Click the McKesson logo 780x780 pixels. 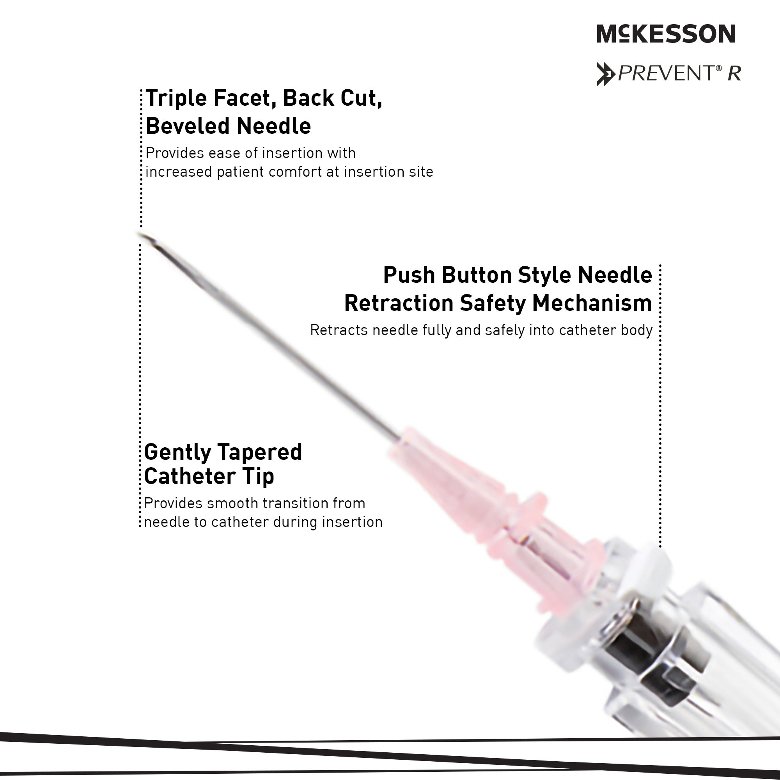pos(666,34)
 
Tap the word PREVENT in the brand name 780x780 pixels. pos(667,73)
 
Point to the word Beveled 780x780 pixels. pos(188,126)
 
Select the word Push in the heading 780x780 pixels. pos(409,275)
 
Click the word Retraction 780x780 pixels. pos(399,303)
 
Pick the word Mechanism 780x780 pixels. pos(592,303)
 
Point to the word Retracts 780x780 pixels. pos(339,330)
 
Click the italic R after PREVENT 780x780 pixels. pos(734,73)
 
